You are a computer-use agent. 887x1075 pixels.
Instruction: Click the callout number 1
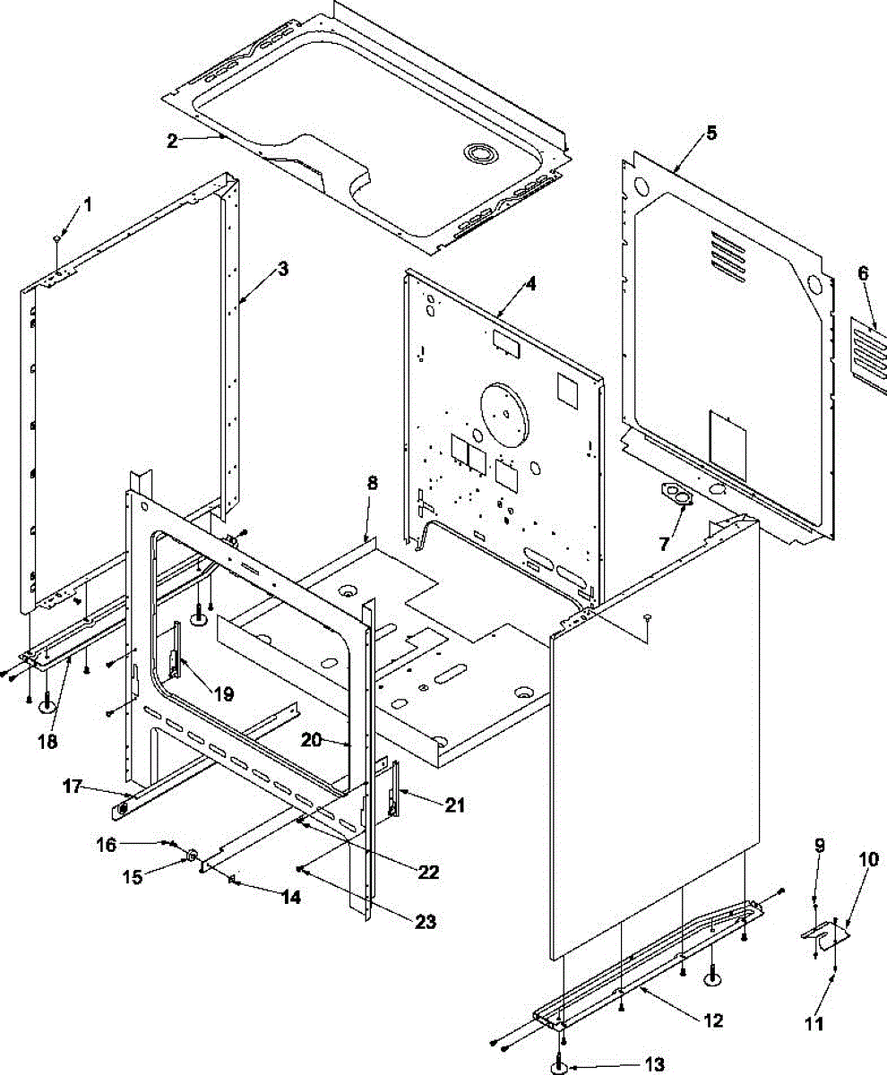[88, 204]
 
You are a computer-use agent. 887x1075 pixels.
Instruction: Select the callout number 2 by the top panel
[171, 140]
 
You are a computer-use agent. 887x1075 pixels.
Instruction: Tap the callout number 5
[711, 133]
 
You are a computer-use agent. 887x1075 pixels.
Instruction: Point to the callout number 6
[863, 274]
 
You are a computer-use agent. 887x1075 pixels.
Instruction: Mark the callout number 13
[654, 1064]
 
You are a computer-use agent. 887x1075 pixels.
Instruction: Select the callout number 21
[455, 805]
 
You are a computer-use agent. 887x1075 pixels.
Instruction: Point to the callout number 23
[425, 921]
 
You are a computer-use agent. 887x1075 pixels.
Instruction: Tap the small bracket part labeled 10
[824, 933]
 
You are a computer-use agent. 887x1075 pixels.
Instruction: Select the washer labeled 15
[192, 857]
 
